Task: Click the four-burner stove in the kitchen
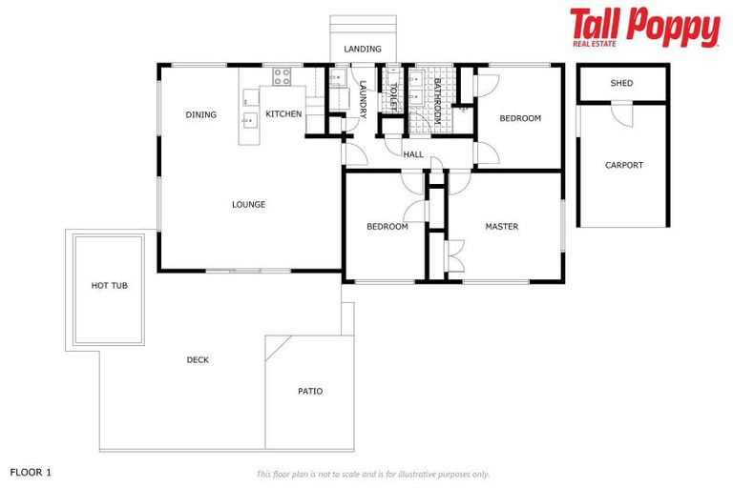coord(282,75)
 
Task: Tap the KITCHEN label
coord(283,114)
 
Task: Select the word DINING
coord(201,114)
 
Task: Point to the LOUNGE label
coord(248,204)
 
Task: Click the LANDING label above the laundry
coord(362,49)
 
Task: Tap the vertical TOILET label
coord(392,95)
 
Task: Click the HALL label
coord(413,154)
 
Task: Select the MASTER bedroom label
coord(501,227)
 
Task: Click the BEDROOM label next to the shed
coord(520,118)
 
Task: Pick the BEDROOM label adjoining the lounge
coord(387,227)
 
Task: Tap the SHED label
coord(621,83)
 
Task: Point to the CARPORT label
coord(623,165)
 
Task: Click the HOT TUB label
coord(109,285)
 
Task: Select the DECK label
coord(198,359)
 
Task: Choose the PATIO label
coord(310,391)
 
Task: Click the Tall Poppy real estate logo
coord(644,28)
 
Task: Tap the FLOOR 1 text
coord(31,472)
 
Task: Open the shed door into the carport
coord(621,114)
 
